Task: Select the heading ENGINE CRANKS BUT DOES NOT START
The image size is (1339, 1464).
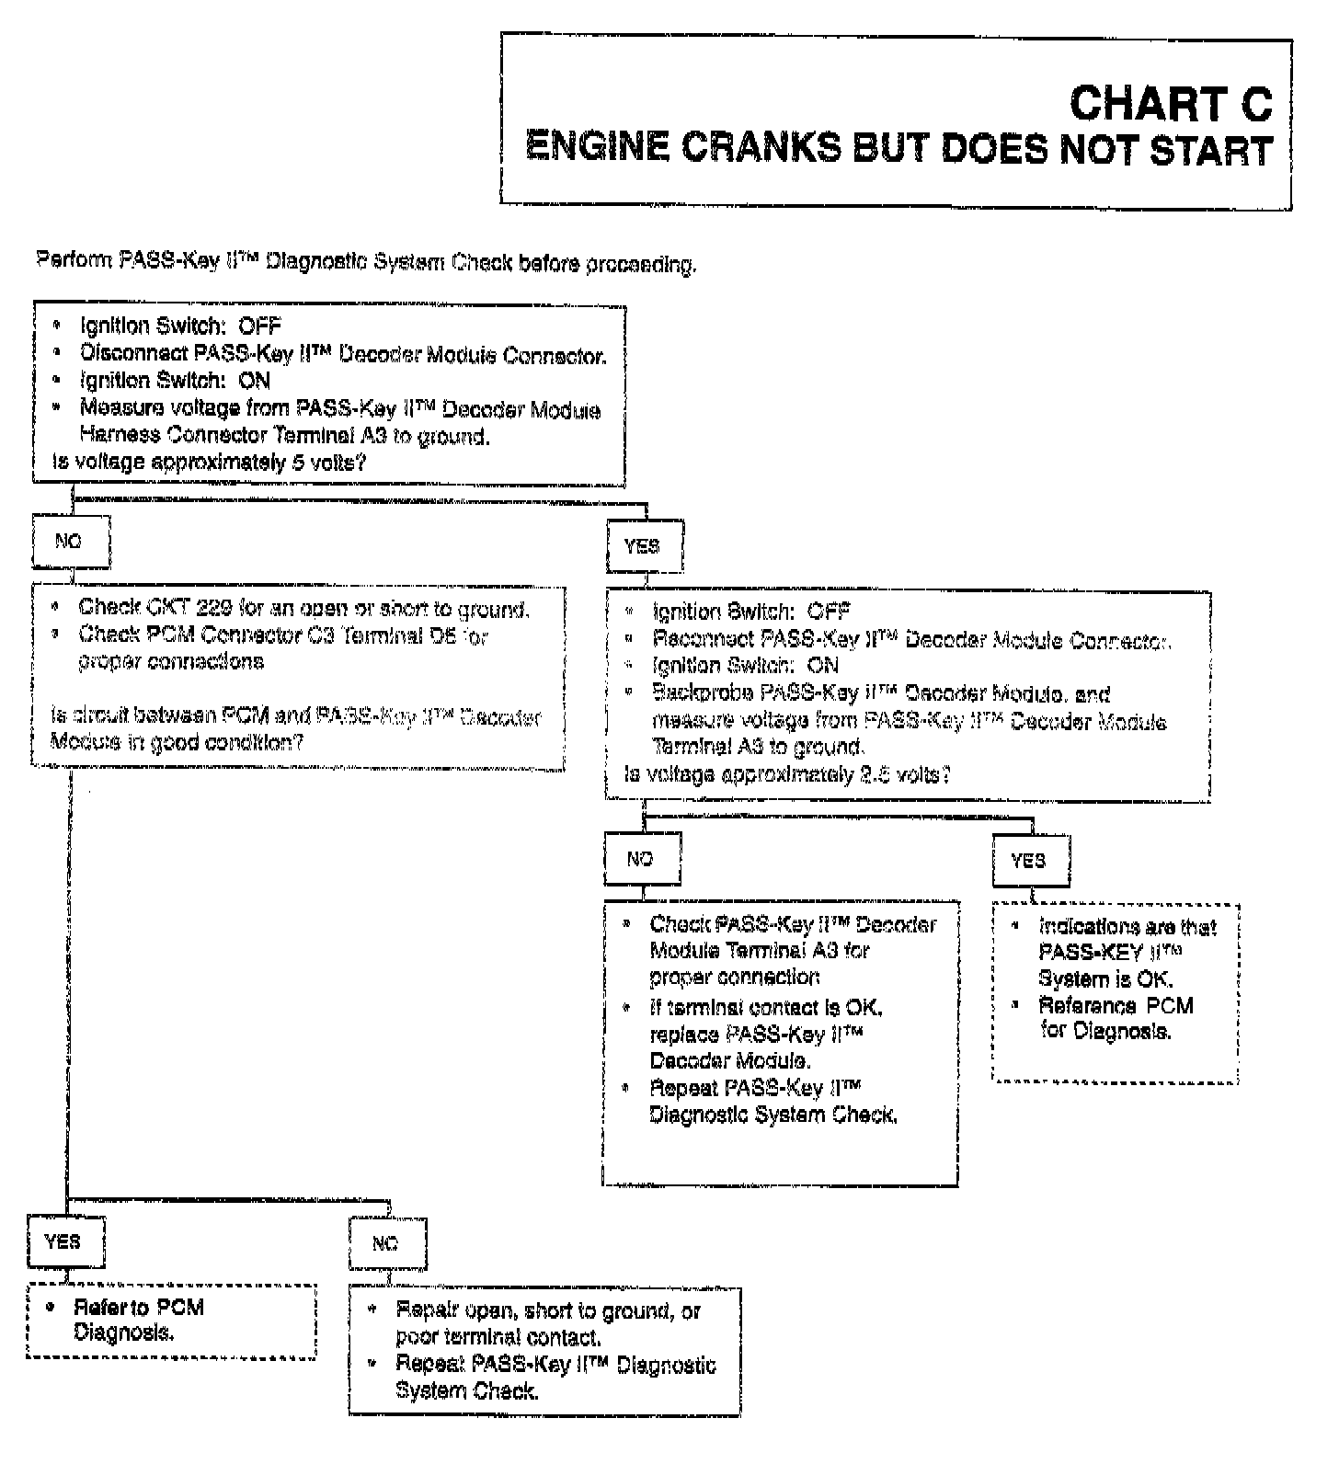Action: (898, 149)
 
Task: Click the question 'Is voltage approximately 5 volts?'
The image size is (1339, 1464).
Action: (210, 463)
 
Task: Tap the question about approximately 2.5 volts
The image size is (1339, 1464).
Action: (786, 775)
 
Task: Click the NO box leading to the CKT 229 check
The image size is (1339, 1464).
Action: (70, 542)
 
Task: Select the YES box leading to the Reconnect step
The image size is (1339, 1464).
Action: (642, 546)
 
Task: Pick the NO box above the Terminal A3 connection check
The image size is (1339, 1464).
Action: (641, 859)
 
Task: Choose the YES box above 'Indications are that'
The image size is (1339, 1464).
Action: (1029, 861)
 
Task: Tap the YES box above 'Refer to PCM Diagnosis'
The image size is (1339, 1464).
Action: (63, 1241)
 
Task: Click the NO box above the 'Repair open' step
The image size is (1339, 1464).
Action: (386, 1244)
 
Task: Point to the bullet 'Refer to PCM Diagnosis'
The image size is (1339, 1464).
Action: (138, 1320)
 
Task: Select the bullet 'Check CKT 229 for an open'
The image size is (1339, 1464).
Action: (303, 608)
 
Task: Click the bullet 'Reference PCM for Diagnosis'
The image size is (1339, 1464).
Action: (1115, 1018)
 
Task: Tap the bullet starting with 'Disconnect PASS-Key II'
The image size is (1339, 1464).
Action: (342, 354)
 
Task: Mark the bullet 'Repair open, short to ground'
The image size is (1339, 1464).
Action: (547, 1323)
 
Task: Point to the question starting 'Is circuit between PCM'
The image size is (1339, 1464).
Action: (294, 729)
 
